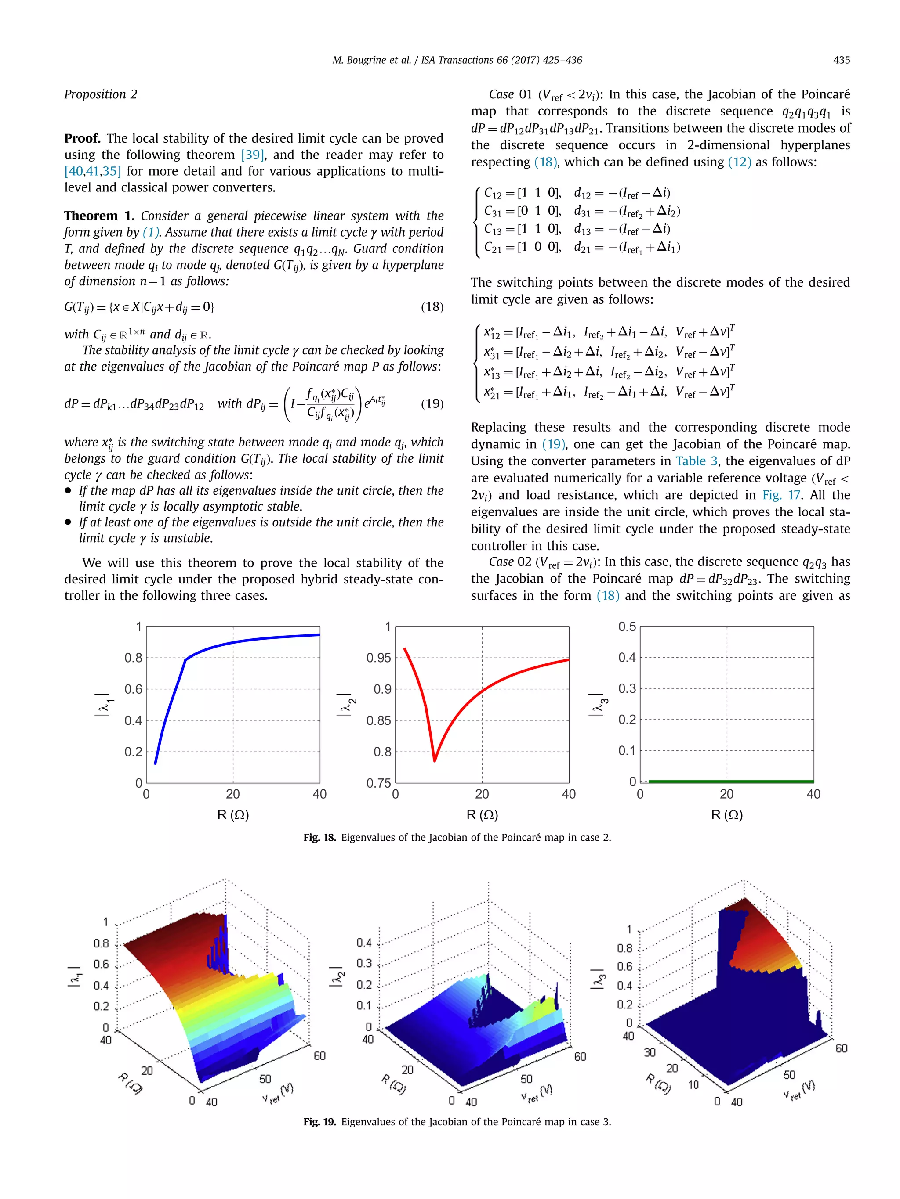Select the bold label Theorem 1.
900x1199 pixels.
pos(99,216)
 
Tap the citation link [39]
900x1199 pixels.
pos(253,155)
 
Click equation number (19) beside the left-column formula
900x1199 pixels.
pos(432,404)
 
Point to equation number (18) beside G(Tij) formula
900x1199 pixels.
pos(432,307)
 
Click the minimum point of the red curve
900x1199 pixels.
pos(435,760)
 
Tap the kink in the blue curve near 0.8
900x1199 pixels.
pos(185,660)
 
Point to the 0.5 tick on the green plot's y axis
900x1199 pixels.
pos(627,627)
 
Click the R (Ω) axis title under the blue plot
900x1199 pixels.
pos(233,815)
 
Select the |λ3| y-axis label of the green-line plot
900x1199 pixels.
pos(595,704)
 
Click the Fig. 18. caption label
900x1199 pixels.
pos(319,838)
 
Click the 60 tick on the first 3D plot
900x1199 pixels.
pos(319,1056)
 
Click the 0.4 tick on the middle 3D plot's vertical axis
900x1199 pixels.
pos(364,943)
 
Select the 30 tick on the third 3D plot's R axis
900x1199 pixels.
pos(650,1052)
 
